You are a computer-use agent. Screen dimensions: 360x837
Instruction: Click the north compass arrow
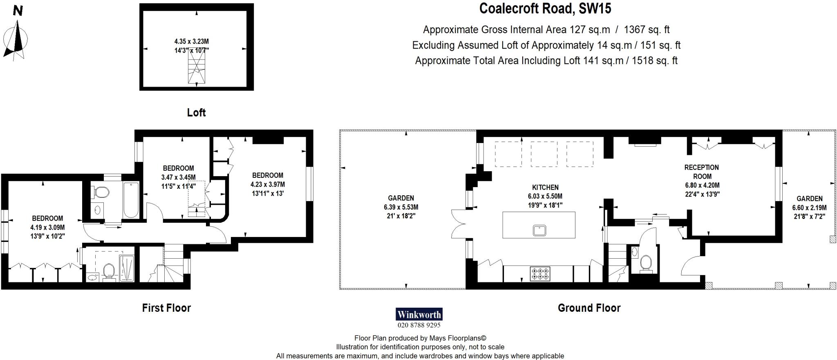point(17,39)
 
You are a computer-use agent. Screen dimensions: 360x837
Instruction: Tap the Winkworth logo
point(419,314)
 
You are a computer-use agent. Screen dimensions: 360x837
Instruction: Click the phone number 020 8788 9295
point(419,325)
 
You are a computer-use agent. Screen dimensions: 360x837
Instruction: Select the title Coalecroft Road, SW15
point(545,9)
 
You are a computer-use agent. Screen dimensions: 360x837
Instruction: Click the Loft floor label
point(196,113)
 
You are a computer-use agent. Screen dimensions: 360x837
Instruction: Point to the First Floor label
point(166,308)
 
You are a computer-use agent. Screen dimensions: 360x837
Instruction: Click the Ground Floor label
point(589,308)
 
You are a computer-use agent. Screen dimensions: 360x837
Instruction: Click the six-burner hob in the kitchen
point(540,273)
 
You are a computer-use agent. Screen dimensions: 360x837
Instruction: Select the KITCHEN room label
point(545,188)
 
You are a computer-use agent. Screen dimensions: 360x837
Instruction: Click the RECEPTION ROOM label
point(702,172)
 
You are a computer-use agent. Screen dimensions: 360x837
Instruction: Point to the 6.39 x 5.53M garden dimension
point(401,207)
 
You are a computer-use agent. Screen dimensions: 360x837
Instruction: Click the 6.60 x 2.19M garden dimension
point(809,208)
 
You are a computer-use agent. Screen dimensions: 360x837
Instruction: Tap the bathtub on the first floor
point(131,200)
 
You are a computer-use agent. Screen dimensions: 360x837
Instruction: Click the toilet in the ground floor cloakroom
point(646,262)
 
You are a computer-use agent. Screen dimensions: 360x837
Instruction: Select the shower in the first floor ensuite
point(126,268)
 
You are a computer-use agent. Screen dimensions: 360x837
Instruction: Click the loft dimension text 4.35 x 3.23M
point(191,42)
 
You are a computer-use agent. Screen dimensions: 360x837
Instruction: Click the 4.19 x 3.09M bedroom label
point(47,228)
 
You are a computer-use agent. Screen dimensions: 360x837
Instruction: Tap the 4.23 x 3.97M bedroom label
point(268,185)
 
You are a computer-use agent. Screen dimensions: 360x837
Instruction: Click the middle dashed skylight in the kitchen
point(544,154)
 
